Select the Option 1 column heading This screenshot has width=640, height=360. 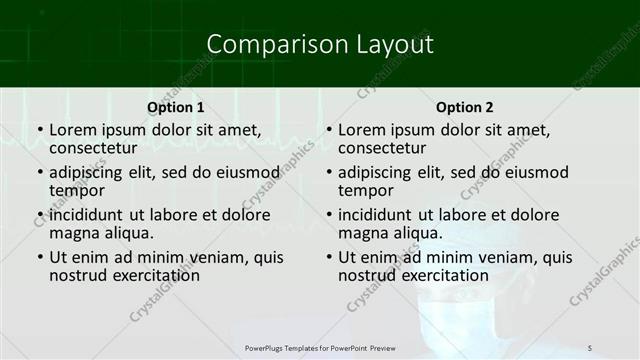click(x=176, y=107)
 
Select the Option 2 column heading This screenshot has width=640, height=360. click(x=465, y=107)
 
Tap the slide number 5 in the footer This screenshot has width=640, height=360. click(x=590, y=347)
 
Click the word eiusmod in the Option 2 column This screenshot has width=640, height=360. click(x=536, y=172)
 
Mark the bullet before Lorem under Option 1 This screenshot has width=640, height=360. click(x=39, y=130)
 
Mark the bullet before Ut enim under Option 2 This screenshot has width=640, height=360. click(x=328, y=257)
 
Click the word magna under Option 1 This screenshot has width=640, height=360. click(x=73, y=233)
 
